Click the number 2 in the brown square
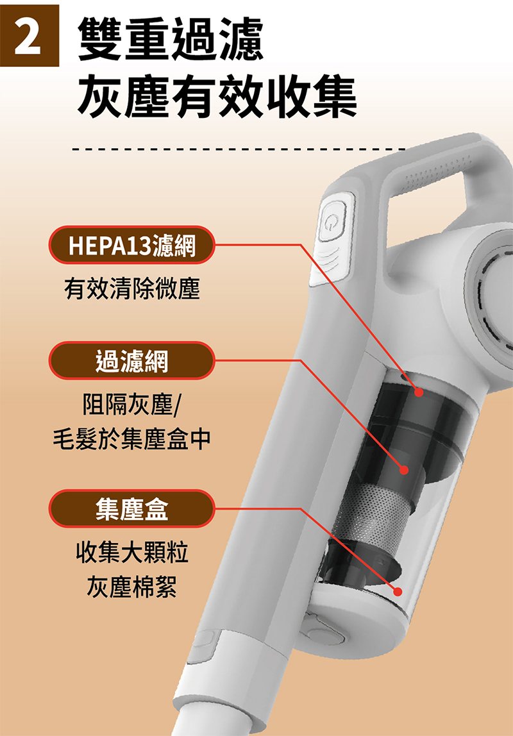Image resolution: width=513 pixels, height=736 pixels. pos(28,35)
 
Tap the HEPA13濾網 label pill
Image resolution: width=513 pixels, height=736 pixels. pos(132,245)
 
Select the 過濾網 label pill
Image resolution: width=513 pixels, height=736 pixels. pos(132,360)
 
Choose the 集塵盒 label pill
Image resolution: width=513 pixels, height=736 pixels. pos(132,508)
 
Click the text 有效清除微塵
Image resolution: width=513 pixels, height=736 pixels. pos(132,289)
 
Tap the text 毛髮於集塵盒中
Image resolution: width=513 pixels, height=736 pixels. pos(132,439)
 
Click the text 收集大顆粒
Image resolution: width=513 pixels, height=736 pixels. pos(132,552)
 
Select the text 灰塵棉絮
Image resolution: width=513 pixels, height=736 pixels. pos(132,587)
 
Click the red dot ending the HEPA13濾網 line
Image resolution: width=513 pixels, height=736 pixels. pos(419,392)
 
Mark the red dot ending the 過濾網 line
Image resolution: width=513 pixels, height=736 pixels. pos(404,470)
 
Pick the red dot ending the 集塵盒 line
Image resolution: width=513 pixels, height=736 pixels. pos(398,591)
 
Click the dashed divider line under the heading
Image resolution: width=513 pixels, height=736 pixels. pos(239,150)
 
